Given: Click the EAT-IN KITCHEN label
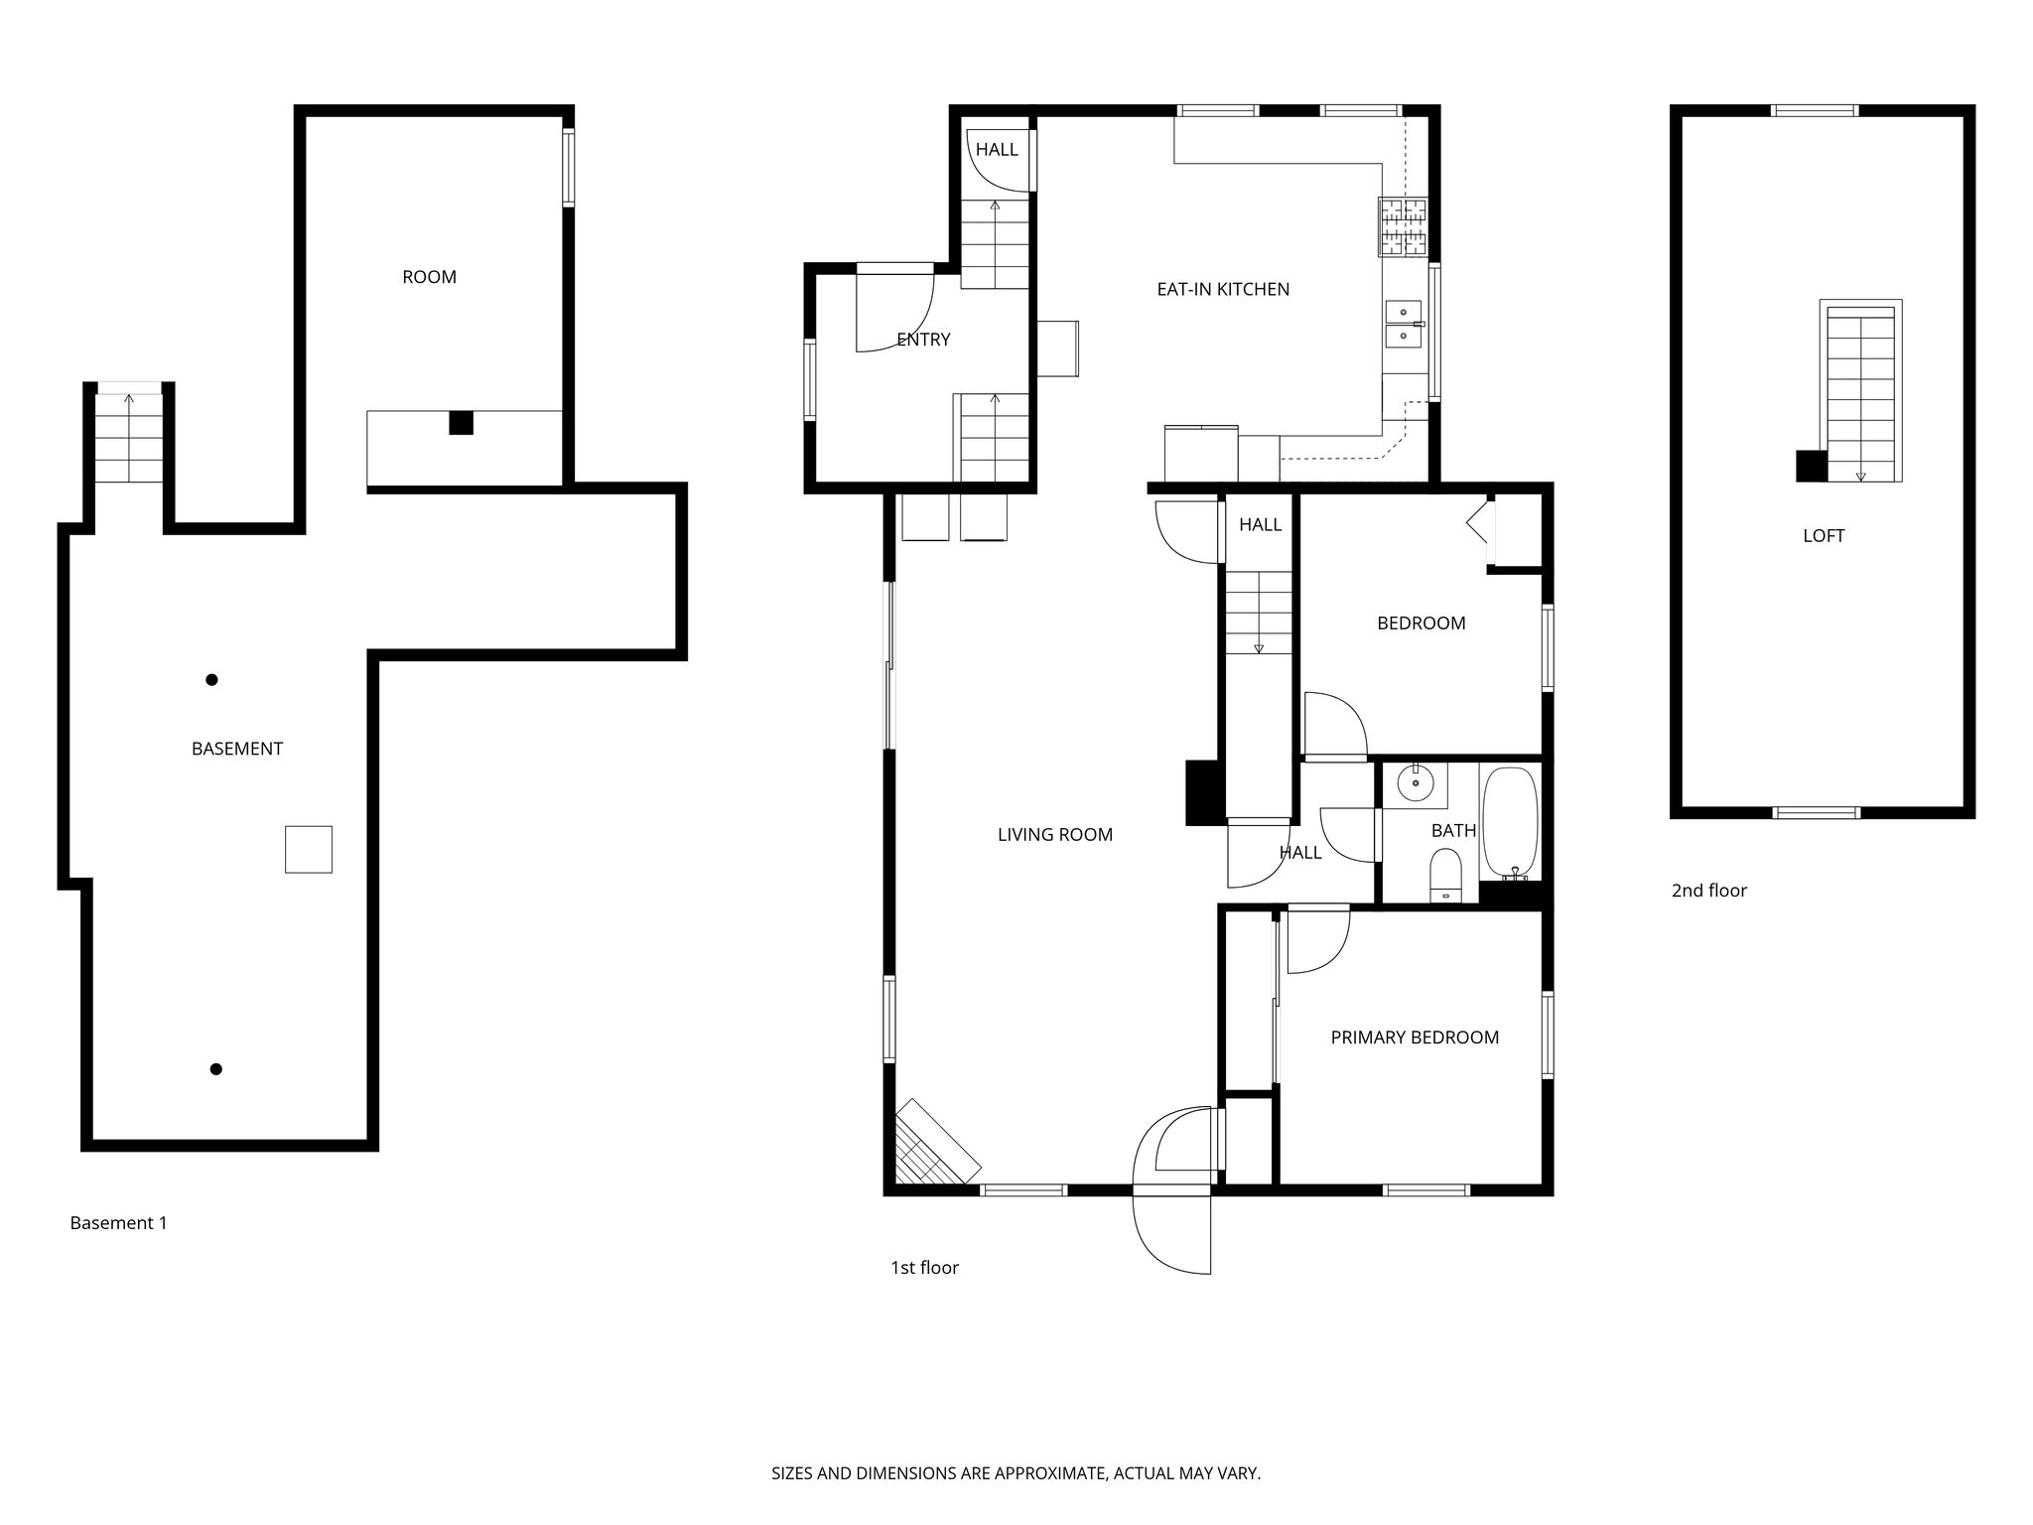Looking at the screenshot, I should [1223, 290].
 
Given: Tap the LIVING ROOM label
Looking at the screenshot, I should [1054, 835].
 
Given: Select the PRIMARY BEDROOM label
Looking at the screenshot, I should [1414, 1038].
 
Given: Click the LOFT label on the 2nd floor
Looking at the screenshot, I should [1823, 536].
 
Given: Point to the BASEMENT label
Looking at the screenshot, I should [236, 750].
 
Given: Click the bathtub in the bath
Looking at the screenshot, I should [1509, 822].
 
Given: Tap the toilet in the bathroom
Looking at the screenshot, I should [1445, 880].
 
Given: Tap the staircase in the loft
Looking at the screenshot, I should [1860, 392].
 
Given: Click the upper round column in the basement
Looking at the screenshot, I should [211, 680].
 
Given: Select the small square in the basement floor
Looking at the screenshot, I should [308, 849].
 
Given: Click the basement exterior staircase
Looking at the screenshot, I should [129, 438].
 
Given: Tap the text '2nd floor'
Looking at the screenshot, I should [1708, 891].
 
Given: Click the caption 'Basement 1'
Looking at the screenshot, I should [118, 1223].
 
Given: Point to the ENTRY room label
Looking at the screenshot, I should [923, 340].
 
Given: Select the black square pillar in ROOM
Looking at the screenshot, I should [461, 422].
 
